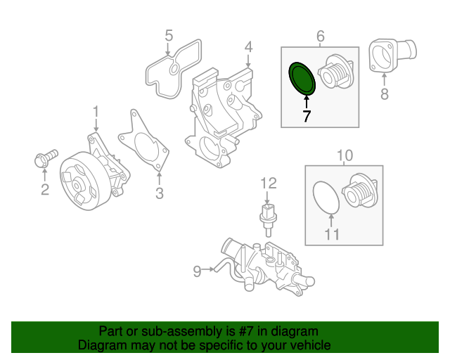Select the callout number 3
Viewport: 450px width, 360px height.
(160, 193)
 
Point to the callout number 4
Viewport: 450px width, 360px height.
(248, 48)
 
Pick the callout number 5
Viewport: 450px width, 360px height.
(169, 34)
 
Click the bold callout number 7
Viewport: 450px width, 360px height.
(307, 116)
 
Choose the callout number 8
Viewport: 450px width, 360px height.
(384, 94)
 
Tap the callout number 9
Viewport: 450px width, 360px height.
(198, 269)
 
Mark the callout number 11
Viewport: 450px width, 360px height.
(332, 233)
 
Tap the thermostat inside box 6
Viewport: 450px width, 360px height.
(335, 74)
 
